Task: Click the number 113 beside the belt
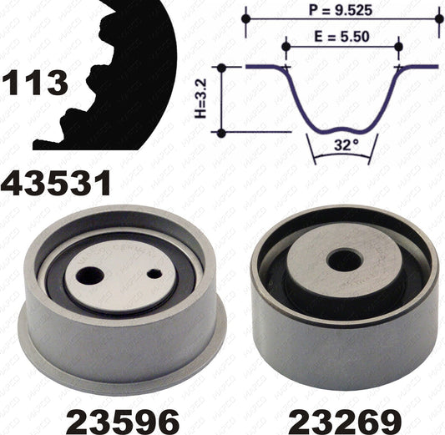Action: (x=35, y=83)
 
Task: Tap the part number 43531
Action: (x=56, y=184)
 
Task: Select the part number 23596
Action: (x=123, y=420)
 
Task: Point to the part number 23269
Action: (x=345, y=420)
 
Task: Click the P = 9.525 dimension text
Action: (x=341, y=11)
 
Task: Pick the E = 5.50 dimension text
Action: (x=342, y=37)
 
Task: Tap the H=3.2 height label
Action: (x=200, y=99)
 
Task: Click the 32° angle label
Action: (x=346, y=145)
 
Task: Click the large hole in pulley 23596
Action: (x=89, y=276)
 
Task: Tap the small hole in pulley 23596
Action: (x=154, y=274)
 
